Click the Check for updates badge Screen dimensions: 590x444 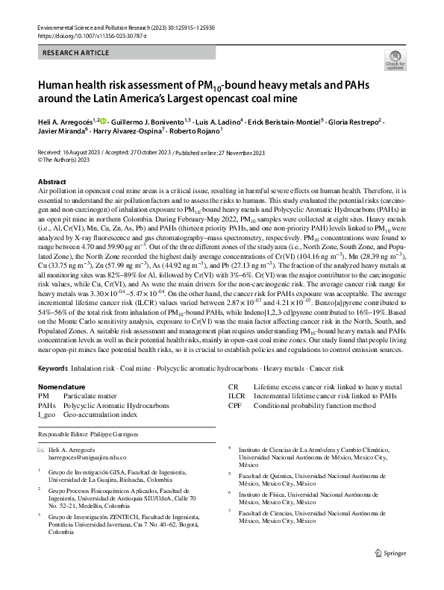(394, 61)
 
